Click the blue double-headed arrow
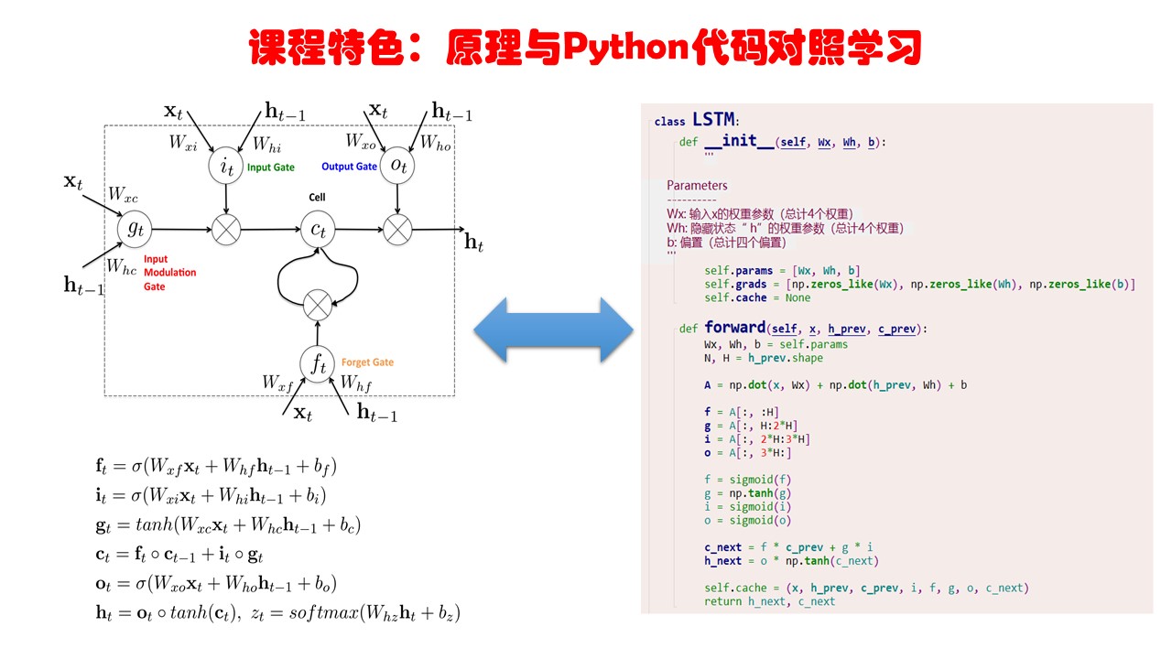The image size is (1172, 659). [x=554, y=329]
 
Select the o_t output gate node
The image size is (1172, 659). [x=397, y=166]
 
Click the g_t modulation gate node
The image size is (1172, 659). [x=135, y=230]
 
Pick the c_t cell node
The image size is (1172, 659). [x=318, y=230]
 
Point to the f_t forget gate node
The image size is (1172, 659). [x=318, y=364]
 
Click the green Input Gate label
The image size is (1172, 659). [x=271, y=167]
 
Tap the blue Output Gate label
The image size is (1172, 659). [x=349, y=167]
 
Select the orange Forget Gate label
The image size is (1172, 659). [x=367, y=362]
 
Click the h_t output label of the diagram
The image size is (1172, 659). [x=473, y=243]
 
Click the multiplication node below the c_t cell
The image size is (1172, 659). [x=318, y=303]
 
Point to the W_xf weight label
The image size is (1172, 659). [x=277, y=382]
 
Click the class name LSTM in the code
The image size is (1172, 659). [x=714, y=120]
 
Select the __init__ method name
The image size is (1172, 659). [x=739, y=141]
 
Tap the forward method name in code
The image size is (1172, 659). [x=734, y=328]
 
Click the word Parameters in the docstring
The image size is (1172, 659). [x=697, y=185]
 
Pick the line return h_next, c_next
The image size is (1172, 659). [x=769, y=601]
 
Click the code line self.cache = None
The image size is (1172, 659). [x=757, y=297]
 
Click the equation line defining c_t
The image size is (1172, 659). [x=179, y=555]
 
